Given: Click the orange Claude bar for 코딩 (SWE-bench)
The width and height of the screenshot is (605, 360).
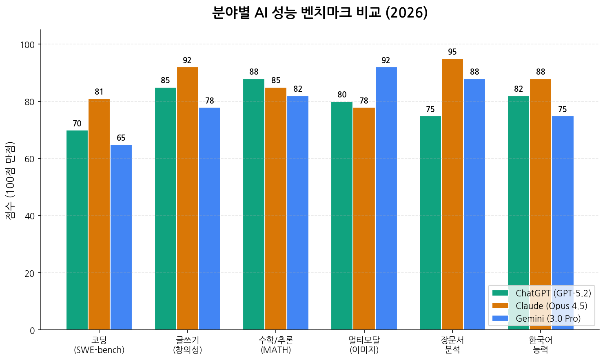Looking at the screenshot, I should [99, 214].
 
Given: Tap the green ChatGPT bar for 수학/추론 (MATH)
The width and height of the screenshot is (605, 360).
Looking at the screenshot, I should [254, 204].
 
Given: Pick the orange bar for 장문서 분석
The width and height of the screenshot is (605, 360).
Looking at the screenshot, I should [452, 194].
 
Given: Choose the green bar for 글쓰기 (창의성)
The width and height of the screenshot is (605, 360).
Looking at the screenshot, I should [166, 208].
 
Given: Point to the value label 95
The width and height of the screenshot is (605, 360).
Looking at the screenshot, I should [452, 52].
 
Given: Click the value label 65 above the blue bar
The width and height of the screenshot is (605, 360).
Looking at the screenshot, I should [121, 138].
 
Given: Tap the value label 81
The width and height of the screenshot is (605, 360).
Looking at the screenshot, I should [99, 92].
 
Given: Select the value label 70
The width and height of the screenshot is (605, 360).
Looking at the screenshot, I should [77, 124].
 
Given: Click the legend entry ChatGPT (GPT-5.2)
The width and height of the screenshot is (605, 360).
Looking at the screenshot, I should [553, 293].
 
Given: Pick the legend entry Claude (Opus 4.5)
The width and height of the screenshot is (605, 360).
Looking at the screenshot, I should [551, 306].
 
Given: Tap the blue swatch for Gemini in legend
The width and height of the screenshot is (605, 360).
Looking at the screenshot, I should [500, 318].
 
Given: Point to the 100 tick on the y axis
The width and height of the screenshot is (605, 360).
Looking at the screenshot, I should [27, 44].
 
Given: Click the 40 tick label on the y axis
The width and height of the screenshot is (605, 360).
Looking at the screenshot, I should [29, 216].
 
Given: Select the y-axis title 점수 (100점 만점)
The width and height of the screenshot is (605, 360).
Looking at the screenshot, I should [10, 180].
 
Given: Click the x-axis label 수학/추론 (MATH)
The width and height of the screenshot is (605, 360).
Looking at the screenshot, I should [276, 345].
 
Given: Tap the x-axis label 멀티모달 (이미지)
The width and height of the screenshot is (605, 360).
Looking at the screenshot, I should [364, 345].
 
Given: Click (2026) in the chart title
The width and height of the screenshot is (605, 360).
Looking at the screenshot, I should [406, 13].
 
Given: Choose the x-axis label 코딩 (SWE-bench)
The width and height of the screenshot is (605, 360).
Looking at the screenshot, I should [99, 345].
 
